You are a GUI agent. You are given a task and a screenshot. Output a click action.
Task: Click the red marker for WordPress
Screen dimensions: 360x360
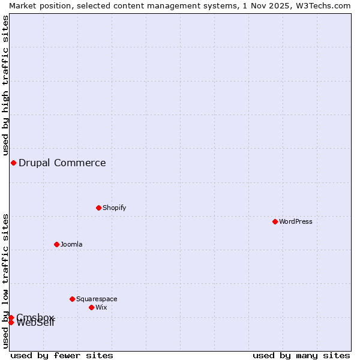point(275,221)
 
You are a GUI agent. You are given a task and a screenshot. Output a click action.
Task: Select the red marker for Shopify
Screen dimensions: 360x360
point(98,208)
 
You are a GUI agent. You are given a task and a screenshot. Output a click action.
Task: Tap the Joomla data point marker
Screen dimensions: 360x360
point(56,244)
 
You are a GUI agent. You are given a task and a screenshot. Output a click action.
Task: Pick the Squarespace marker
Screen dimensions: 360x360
point(72,299)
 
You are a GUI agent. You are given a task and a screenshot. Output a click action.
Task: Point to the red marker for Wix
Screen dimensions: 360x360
point(91,307)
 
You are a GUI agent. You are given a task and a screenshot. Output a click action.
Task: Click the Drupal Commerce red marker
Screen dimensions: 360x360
point(13,163)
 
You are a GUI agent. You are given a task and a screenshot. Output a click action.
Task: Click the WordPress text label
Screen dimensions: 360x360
point(296,221)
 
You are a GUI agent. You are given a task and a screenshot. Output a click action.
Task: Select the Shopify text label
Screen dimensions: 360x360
point(114,208)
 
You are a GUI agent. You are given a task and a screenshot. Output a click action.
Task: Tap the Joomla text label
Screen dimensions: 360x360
point(71,244)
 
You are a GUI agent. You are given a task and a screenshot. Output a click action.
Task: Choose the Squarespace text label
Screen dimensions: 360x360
point(97,299)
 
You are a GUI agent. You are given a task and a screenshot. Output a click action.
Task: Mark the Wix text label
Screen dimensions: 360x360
point(101,307)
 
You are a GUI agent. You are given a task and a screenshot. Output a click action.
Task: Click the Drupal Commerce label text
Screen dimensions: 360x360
point(62,163)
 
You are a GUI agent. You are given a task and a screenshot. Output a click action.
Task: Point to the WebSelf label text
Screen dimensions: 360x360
point(36,323)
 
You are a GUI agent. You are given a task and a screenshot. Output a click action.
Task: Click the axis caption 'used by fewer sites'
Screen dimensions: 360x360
point(62,355)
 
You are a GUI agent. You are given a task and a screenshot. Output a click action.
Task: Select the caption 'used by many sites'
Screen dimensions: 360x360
point(301,355)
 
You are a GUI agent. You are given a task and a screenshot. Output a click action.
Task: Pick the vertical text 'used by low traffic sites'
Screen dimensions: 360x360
point(5,281)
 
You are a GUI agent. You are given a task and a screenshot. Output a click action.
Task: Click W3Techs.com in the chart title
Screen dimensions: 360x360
point(324,5)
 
